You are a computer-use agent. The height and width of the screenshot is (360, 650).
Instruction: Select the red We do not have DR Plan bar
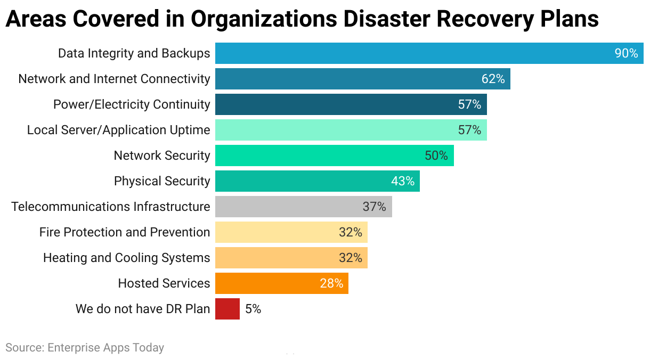[x=228, y=309]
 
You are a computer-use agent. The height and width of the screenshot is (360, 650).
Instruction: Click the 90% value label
[x=626, y=53]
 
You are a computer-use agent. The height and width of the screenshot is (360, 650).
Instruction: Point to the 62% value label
[x=493, y=79]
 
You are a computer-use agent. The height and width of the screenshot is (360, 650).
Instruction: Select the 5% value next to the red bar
[x=253, y=309]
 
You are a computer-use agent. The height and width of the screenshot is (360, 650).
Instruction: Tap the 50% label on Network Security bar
[x=436, y=156]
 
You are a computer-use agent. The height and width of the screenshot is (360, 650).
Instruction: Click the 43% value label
[x=402, y=181]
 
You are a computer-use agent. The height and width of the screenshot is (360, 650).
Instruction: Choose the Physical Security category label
[x=162, y=181]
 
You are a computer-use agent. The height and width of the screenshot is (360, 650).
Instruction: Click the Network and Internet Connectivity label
[x=114, y=79]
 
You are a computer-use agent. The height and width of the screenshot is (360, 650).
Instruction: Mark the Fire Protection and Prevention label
[x=125, y=232]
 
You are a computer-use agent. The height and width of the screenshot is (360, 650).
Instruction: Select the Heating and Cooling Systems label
[x=126, y=258]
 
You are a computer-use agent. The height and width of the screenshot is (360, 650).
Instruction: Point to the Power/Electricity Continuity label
[x=132, y=104]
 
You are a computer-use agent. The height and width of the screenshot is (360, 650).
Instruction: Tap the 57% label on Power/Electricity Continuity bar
[x=469, y=104]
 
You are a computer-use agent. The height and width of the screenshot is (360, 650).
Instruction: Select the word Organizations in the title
[x=263, y=19]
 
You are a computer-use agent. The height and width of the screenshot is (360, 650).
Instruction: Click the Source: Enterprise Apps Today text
[x=85, y=348]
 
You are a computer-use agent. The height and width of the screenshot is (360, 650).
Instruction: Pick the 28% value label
[x=331, y=283]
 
